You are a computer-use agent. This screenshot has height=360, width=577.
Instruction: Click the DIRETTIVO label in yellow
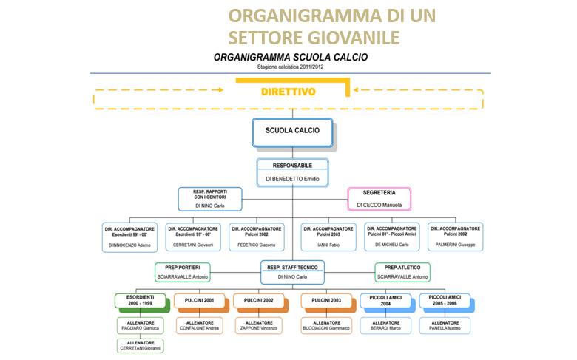coord(288,92)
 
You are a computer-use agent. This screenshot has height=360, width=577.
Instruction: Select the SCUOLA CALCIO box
coord(292,130)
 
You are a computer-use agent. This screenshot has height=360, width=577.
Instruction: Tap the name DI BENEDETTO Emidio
coord(292,179)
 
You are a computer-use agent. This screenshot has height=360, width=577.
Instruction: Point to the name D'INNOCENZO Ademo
coord(129,244)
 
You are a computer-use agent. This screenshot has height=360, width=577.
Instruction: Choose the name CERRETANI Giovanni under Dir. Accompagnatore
coord(192,244)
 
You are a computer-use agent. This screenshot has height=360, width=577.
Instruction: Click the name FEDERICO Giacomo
coord(256,244)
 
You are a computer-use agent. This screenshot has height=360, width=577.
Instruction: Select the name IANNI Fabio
coord(328,244)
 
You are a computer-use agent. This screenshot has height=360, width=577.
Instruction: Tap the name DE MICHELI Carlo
coord(391,244)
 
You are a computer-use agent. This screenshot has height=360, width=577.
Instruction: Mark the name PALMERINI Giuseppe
coord(455,244)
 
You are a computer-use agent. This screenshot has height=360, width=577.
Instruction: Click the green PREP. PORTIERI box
coord(183,271)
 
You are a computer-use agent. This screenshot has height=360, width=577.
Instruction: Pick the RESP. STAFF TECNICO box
coord(292,271)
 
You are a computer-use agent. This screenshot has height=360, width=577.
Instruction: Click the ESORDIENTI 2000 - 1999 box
coord(140,301)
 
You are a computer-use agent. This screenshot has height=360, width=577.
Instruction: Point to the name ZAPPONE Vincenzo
coord(258,328)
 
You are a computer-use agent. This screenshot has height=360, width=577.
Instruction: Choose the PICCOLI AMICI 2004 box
coord(385,301)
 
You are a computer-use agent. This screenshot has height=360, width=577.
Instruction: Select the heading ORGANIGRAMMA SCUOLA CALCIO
coord(291,57)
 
